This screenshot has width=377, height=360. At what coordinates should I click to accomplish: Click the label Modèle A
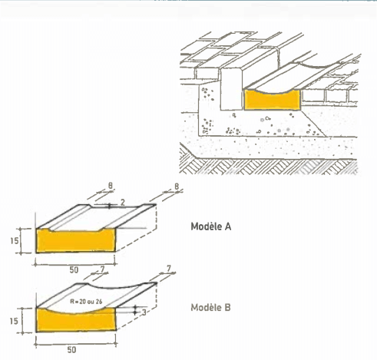tap(211, 226)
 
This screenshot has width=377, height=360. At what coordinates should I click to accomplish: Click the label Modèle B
tap(210, 307)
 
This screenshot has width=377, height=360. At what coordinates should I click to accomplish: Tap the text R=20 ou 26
tap(86, 302)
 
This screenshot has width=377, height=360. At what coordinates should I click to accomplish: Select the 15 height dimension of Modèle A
tap(15, 241)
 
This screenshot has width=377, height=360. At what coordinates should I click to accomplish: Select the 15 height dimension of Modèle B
tap(14, 321)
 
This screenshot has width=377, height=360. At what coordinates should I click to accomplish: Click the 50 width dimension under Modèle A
tap(74, 270)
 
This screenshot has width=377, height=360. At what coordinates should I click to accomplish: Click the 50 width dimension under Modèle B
tap(72, 350)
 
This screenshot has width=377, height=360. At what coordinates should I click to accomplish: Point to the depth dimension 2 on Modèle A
tap(123, 203)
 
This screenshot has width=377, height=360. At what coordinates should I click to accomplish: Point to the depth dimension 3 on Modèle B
tap(144, 312)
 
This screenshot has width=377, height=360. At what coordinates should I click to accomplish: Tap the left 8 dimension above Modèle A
tap(111, 186)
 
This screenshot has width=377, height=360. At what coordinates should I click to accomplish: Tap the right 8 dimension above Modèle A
tap(177, 187)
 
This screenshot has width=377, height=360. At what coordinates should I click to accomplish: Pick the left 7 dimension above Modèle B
tap(102, 269)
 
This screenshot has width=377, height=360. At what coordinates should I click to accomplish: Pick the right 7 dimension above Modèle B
tap(169, 269)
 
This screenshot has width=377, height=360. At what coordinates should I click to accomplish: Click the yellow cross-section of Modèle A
tap(75, 241)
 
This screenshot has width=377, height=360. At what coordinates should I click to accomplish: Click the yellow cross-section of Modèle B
tap(76, 322)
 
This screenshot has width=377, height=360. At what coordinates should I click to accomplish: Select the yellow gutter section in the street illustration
tap(272, 101)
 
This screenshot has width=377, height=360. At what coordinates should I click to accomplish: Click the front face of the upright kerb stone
tap(231, 89)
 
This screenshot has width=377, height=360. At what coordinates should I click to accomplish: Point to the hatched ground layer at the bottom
tap(269, 167)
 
